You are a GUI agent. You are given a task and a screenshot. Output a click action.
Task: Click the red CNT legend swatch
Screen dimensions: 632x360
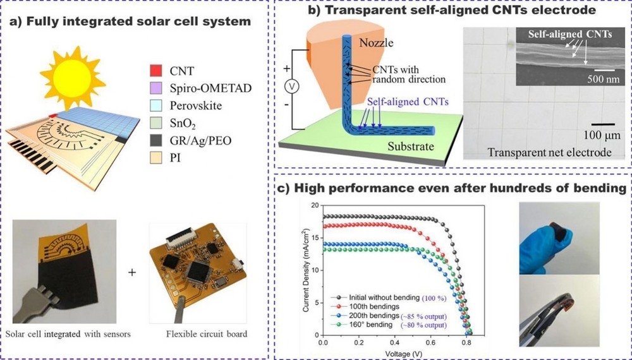tap(155, 71)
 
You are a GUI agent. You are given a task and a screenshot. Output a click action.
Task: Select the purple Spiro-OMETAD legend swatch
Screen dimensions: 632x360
tap(155, 88)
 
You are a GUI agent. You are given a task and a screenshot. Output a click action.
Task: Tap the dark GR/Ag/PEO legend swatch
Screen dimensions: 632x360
tap(155, 140)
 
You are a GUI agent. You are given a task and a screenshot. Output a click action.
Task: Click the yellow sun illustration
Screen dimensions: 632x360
tap(72, 77)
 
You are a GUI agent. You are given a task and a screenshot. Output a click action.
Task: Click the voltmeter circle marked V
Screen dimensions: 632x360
tap(292, 86)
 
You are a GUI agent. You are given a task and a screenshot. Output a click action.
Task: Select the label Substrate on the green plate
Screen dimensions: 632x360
tap(411, 146)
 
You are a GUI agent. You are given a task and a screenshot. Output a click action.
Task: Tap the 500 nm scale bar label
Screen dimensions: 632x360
tap(604, 78)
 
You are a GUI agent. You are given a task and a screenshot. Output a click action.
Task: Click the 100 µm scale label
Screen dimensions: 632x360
tap(602, 135)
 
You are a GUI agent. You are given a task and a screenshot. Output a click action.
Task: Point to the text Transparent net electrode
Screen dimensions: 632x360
tap(549, 152)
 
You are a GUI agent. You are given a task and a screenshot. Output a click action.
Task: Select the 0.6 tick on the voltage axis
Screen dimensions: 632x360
tap(430, 342)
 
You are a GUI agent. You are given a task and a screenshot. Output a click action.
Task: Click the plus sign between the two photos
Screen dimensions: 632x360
tap(132, 273)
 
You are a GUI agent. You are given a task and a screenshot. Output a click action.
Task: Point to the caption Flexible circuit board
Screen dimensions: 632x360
tap(207, 334)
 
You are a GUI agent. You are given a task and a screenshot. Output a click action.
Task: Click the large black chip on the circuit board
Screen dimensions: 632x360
tap(198, 272)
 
